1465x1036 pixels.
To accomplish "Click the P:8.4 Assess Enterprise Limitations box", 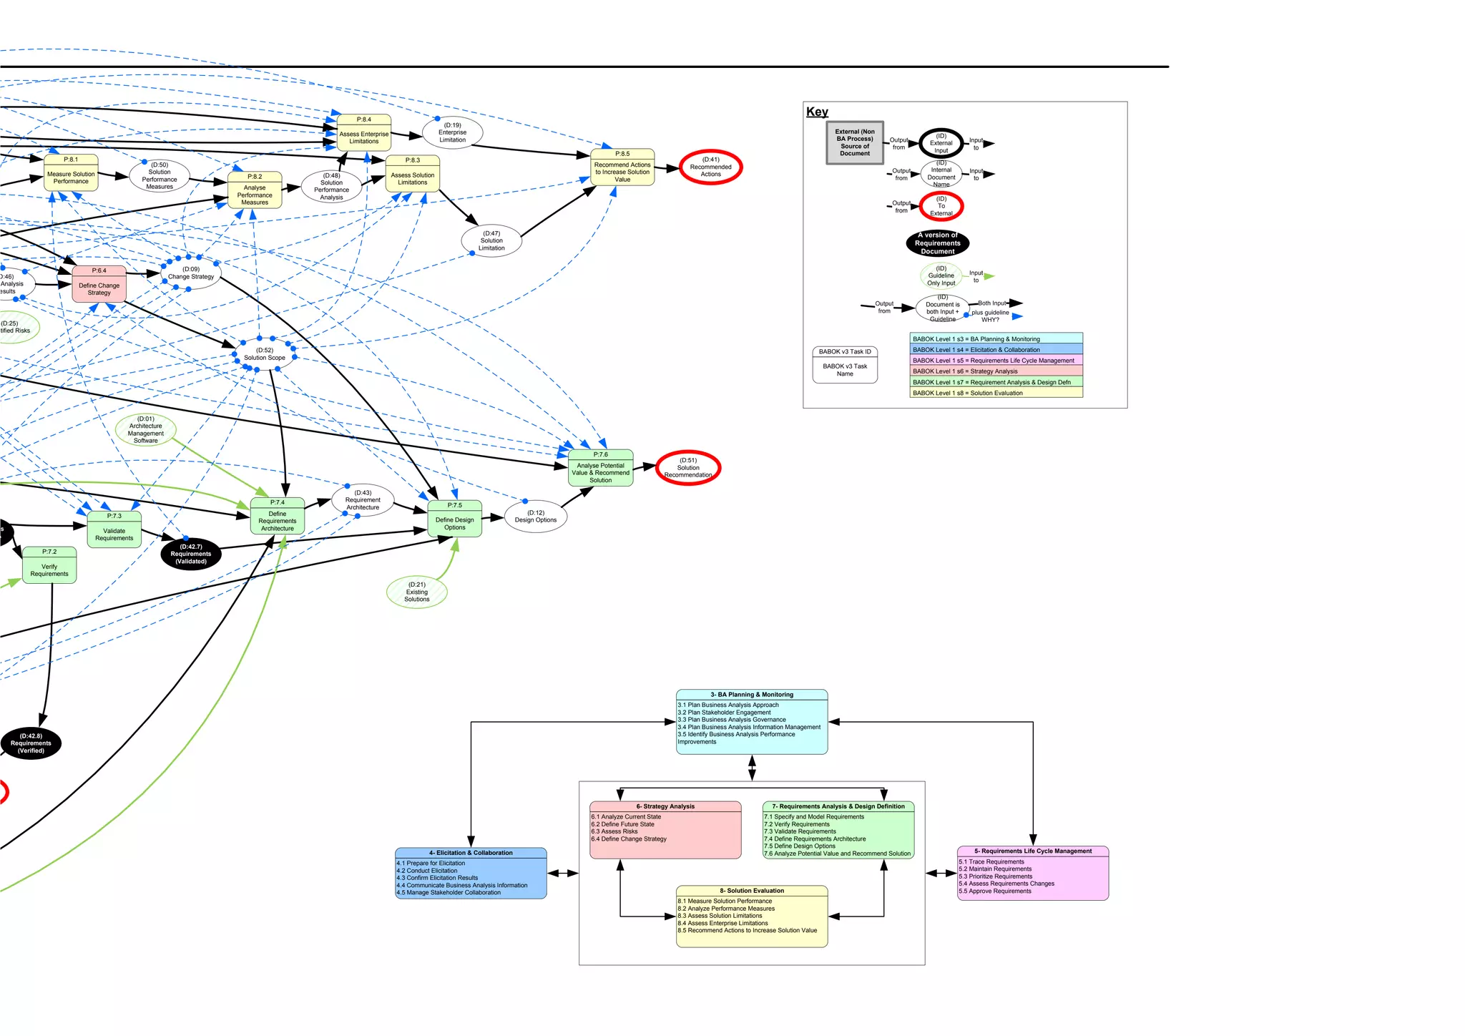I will click(x=364, y=133).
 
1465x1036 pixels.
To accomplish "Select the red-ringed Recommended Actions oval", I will click(x=710, y=167).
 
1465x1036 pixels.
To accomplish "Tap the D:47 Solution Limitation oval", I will click(x=491, y=241).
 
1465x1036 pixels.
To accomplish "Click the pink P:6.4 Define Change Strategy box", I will click(x=99, y=285).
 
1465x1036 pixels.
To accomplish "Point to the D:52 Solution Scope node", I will click(x=265, y=354).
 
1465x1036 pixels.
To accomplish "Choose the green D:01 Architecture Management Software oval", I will click(x=146, y=430).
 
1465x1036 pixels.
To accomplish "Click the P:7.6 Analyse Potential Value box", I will click(x=600, y=469).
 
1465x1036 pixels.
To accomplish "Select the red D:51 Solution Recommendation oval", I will click(x=688, y=468).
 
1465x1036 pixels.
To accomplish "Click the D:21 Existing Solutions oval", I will click(x=417, y=592).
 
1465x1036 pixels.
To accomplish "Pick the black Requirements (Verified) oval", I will click(x=31, y=743).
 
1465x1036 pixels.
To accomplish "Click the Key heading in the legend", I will click(x=817, y=112).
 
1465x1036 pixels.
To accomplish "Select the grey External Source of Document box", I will click(x=855, y=142).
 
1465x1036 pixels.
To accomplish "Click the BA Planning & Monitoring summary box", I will click(x=751, y=723).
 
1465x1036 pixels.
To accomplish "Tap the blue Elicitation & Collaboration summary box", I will click(x=471, y=874).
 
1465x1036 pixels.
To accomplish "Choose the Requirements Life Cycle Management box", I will click(x=1033, y=874).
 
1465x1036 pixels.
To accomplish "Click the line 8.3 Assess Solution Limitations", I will click(x=720, y=916).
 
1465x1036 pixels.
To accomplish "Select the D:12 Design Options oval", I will click(x=536, y=517).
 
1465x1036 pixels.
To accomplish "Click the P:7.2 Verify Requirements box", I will click(x=49, y=566).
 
